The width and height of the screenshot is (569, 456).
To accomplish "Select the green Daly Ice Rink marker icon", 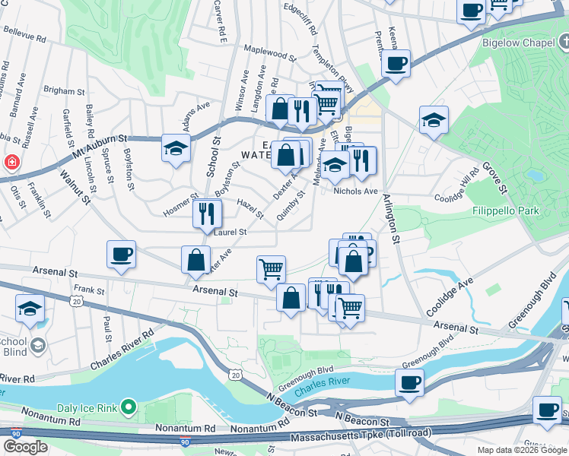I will (x=128, y=408).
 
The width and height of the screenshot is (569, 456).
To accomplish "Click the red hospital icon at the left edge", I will (x=11, y=162).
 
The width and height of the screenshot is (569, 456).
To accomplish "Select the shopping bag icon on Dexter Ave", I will (x=196, y=260).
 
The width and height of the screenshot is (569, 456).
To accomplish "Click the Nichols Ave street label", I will (x=357, y=192).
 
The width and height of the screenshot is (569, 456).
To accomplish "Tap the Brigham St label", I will (x=64, y=90).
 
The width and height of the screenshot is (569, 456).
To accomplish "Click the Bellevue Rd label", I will (x=24, y=33).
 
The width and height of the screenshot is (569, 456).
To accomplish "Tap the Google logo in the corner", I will (x=25, y=447).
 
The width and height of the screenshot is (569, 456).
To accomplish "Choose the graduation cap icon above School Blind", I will (x=30, y=308).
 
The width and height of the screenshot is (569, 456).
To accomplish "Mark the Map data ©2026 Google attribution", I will (x=521, y=450).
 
